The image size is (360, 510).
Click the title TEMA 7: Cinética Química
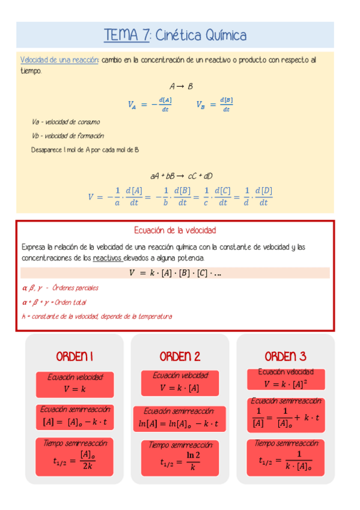pyautogui.click(x=175, y=35)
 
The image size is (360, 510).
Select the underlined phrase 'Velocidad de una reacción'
pyautogui.click(x=59, y=60)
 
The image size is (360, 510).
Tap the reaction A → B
pyautogui.click(x=180, y=87)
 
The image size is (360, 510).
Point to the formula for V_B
pyautogui.click(x=215, y=104)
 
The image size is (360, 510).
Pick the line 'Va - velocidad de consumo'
pyautogui.click(x=66, y=122)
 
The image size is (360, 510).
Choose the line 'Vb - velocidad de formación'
pyautogui.click(x=68, y=136)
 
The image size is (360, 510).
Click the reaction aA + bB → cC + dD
pyautogui.click(x=181, y=176)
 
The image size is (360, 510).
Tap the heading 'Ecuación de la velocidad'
pyautogui.click(x=174, y=230)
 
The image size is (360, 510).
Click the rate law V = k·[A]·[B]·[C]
pyautogui.click(x=175, y=273)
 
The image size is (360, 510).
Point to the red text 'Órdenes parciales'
pyautogui.click(x=75, y=287)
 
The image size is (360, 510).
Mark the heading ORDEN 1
pyautogui.click(x=75, y=357)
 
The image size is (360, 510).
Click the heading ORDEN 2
pyautogui.click(x=180, y=357)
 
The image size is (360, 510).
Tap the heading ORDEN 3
pyautogui.click(x=285, y=356)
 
